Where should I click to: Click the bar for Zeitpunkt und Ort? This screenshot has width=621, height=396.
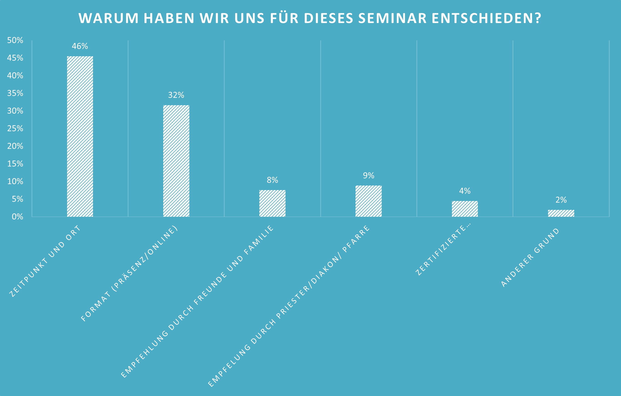click(80, 136)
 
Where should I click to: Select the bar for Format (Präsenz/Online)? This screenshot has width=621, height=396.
click(176, 161)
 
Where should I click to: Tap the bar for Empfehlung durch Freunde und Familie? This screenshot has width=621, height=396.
click(272, 203)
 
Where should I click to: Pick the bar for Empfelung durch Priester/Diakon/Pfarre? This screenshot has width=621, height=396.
click(368, 201)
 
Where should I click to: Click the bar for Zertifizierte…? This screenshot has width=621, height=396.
click(465, 209)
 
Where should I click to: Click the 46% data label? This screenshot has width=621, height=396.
click(80, 46)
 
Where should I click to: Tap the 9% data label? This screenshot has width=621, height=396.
click(368, 175)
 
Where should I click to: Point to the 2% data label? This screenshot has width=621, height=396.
click(561, 200)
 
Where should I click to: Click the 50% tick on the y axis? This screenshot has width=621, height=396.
click(15, 40)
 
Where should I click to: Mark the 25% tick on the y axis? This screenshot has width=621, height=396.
click(15, 129)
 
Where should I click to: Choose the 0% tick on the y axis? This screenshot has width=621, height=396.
click(18, 217)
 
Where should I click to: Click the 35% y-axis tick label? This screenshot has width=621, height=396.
click(15, 93)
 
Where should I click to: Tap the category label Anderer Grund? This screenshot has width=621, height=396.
click(530, 258)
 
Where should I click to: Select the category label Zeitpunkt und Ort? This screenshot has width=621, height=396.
click(45, 261)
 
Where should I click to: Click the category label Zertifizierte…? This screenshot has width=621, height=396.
click(443, 250)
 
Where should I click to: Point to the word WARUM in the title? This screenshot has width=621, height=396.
click(109, 18)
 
